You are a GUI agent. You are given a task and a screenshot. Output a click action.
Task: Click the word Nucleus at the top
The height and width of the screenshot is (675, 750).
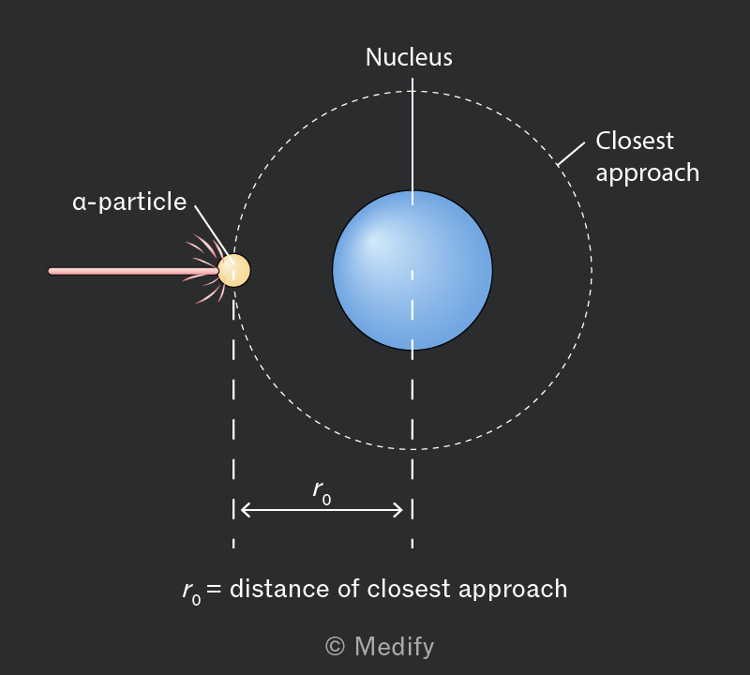[409, 57]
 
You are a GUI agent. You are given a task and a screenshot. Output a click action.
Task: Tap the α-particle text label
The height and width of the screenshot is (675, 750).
[129, 202]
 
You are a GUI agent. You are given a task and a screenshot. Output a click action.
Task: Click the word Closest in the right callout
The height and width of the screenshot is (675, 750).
[635, 142]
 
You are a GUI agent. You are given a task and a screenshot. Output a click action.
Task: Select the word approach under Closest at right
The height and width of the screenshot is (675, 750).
[648, 173]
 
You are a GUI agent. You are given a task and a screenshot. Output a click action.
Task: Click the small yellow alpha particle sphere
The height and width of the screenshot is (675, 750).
[233, 270]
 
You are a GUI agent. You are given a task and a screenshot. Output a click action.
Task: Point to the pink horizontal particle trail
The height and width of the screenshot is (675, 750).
[133, 271]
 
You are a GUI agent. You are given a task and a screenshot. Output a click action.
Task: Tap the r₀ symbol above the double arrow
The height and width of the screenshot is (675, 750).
[322, 492]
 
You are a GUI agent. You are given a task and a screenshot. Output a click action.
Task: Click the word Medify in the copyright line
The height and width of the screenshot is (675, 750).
[395, 647]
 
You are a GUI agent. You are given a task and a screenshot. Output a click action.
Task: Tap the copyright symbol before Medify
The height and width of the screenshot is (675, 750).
[335, 647]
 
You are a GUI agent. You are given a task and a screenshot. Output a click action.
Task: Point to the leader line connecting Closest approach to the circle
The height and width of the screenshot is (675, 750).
[571, 154]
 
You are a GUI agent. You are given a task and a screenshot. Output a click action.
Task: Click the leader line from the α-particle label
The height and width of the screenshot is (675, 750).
[214, 234]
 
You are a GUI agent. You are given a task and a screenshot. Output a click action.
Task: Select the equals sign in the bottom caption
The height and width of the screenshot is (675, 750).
[215, 589]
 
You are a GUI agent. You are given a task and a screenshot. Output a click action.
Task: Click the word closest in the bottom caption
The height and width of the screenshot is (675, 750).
[409, 589]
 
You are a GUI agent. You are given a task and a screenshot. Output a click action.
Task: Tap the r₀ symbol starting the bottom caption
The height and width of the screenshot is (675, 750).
[191, 592]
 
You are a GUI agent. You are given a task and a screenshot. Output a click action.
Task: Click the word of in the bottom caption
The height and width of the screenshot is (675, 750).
[348, 589]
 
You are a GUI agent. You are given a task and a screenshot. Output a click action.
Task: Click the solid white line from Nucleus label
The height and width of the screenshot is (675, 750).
[412, 148]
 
